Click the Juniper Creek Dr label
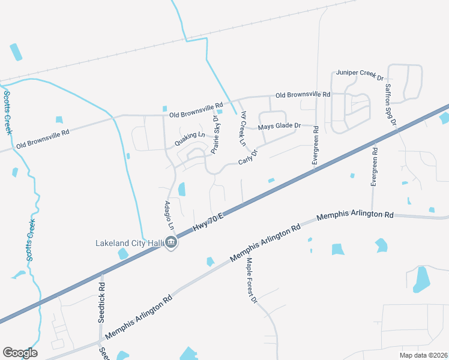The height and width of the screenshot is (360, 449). pyautogui.click(x=360, y=74)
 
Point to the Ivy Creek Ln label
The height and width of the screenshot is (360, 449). pyautogui.click(x=243, y=129)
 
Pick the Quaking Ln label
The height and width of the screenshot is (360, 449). pyautogui.click(x=190, y=139)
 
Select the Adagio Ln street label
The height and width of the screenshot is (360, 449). pyautogui.click(x=169, y=216)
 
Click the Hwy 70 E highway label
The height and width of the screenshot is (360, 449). pyautogui.click(x=208, y=223)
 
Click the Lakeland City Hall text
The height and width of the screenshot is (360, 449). pyautogui.click(x=130, y=243)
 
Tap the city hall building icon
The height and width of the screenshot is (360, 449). pyautogui.click(x=171, y=243)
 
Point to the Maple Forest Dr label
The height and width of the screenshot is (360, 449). pyautogui.click(x=252, y=280)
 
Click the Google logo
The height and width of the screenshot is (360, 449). pyautogui.click(x=20, y=352)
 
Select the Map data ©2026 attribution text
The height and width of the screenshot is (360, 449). pyautogui.click(x=423, y=355)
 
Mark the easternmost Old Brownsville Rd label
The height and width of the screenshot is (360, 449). pyautogui.click(x=303, y=95)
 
